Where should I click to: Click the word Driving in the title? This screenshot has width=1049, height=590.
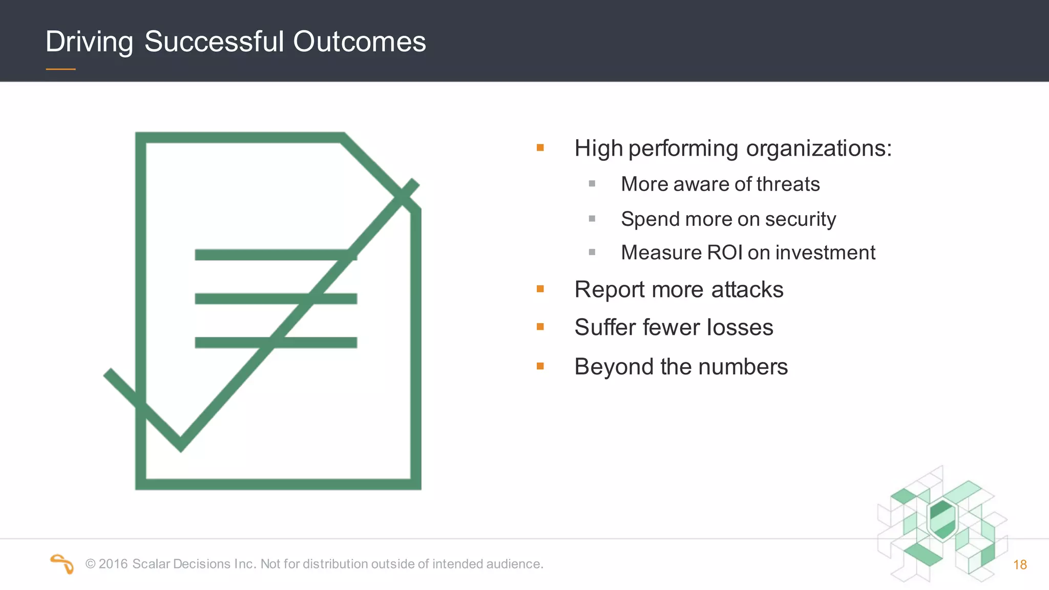tap(89, 42)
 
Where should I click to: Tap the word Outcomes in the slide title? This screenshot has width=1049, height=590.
tap(359, 41)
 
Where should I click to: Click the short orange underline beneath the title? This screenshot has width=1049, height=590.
tap(60, 69)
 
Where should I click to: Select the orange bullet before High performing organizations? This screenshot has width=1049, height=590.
tap(540, 148)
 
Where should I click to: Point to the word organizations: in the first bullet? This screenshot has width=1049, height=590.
tap(819, 149)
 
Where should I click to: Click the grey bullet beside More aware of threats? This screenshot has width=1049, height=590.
tap(592, 184)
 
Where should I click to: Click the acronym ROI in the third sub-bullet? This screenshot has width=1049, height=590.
tap(724, 252)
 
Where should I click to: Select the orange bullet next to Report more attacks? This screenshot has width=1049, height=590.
tap(540, 289)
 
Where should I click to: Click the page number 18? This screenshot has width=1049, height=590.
tap(1020, 565)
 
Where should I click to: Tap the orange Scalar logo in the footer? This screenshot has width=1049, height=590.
tap(62, 564)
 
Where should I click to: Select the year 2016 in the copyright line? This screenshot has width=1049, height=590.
tap(113, 564)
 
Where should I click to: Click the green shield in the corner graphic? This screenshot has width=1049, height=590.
tap(942, 519)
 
